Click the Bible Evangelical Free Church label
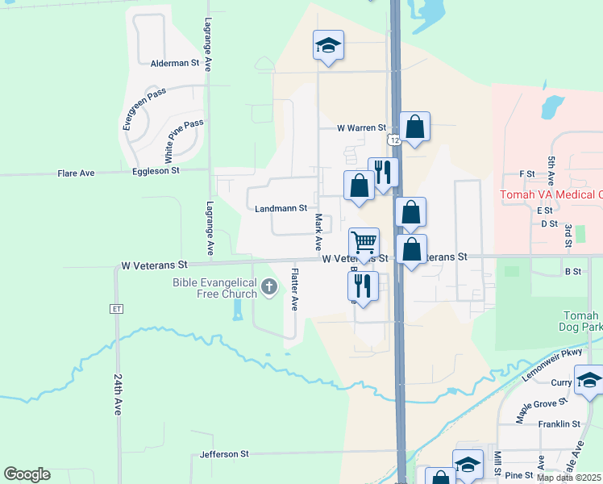214,288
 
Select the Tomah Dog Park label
578,321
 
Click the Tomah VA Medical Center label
551,194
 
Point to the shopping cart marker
364,243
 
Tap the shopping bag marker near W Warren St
414,127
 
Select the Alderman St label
175,62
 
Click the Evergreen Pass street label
143,108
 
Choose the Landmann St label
281,208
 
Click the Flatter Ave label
295,290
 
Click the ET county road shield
117,308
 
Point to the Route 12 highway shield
394,140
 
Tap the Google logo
27,474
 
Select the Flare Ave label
76,173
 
